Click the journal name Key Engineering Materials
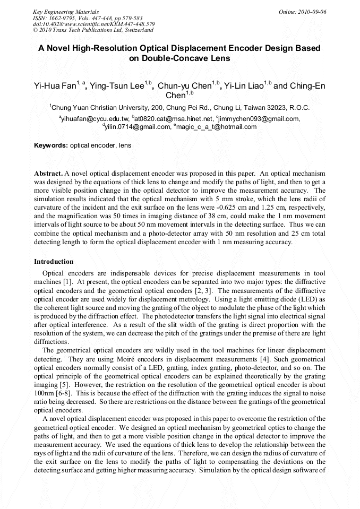65,12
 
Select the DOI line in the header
93,24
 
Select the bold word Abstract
48,174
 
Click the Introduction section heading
54,262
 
